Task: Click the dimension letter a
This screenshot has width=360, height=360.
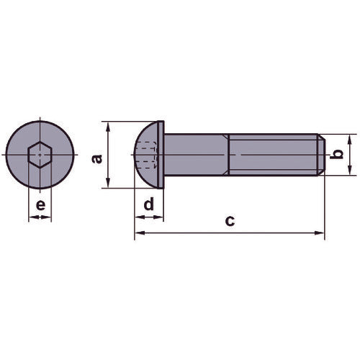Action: tap(98, 156)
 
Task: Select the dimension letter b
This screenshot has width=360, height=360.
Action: tap(333, 154)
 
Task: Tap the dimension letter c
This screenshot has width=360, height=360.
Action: tap(229, 221)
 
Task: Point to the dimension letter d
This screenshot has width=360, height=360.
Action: tap(148, 204)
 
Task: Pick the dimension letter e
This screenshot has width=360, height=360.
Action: tap(40, 204)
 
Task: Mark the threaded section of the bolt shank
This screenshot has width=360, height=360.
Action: tap(270, 154)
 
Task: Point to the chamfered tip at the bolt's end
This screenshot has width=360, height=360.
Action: tap(320, 154)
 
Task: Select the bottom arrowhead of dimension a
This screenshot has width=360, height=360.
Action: tap(107, 184)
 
